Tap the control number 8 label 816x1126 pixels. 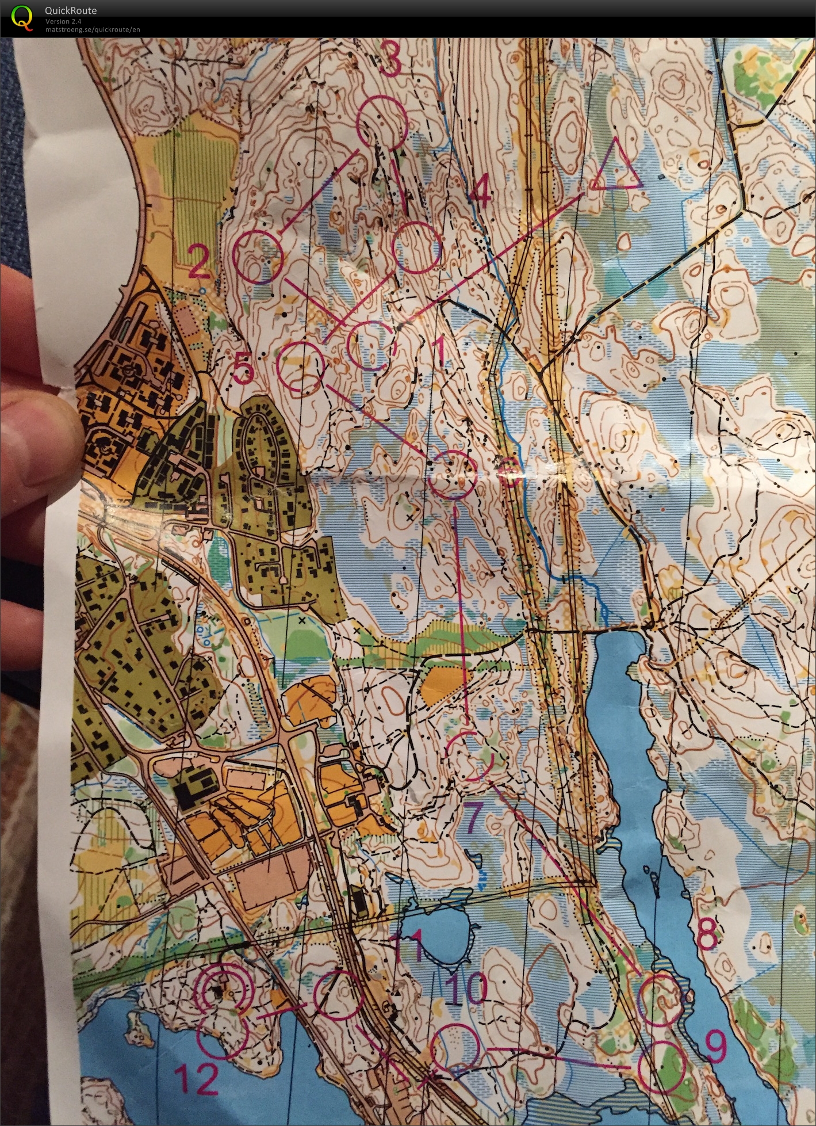pos(707,933)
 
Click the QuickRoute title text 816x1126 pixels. pos(71,10)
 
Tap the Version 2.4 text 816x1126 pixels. pos(64,21)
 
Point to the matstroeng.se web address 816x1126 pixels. pos(93,29)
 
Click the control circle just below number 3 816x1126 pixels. pos(382,123)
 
